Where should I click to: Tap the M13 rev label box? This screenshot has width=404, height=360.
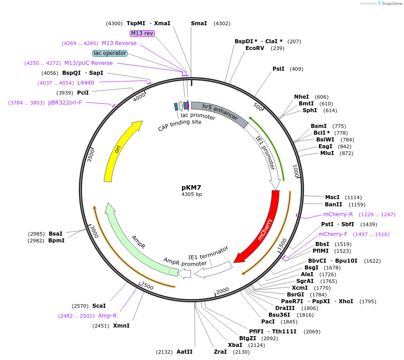tap(142, 33)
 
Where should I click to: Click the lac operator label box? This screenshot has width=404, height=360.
tap(110, 53)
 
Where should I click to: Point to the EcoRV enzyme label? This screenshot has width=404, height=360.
tap(258, 48)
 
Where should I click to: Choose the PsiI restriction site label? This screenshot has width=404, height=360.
tap(278, 69)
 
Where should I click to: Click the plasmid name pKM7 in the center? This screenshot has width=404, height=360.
tap(192, 187)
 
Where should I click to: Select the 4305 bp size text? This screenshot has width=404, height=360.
tap(192, 195)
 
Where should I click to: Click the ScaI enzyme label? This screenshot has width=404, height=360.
tap(99, 306)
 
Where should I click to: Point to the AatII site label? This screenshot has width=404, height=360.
tap(185, 352)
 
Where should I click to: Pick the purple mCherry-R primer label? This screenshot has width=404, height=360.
tap(338, 214)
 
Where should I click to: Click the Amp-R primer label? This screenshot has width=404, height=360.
tap(107, 316)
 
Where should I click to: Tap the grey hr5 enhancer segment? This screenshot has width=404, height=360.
tap(220, 113)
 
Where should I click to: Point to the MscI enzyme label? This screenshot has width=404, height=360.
tap(332, 197)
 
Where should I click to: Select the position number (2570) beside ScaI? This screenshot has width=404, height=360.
tap(80, 306)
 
